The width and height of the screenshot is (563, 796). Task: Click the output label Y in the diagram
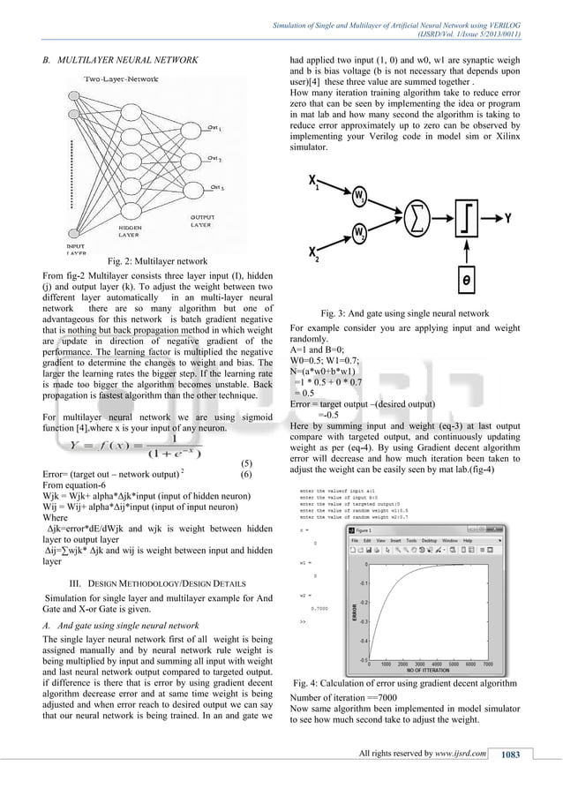(508, 214)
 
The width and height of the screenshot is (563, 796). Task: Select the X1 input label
(313, 182)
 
